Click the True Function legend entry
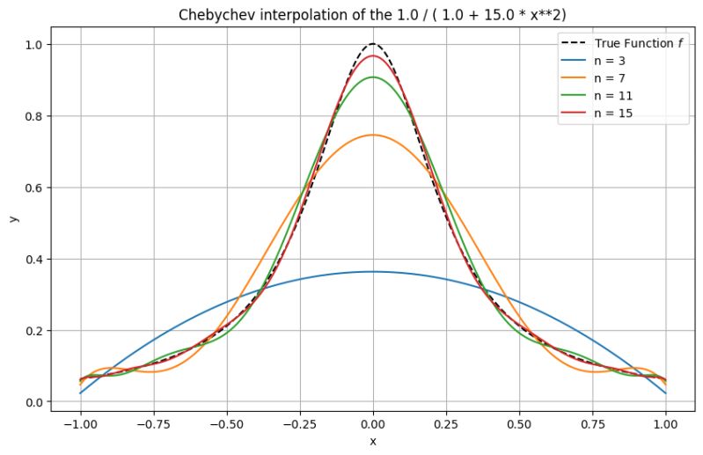click(x=629, y=43)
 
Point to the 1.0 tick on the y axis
click(x=34, y=45)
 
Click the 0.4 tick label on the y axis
click(x=34, y=260)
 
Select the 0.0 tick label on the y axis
click(x=34, y=402)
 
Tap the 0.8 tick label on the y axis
click(x=34, y=116)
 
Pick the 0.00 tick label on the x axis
click(x=373, y=422)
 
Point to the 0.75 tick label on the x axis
click(x=593, y=422)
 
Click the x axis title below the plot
click(x=373, y=441)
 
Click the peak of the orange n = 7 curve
click(x=373, y=135)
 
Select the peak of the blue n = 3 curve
click(x=373, y=272)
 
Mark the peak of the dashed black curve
click(x=373, y=44)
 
